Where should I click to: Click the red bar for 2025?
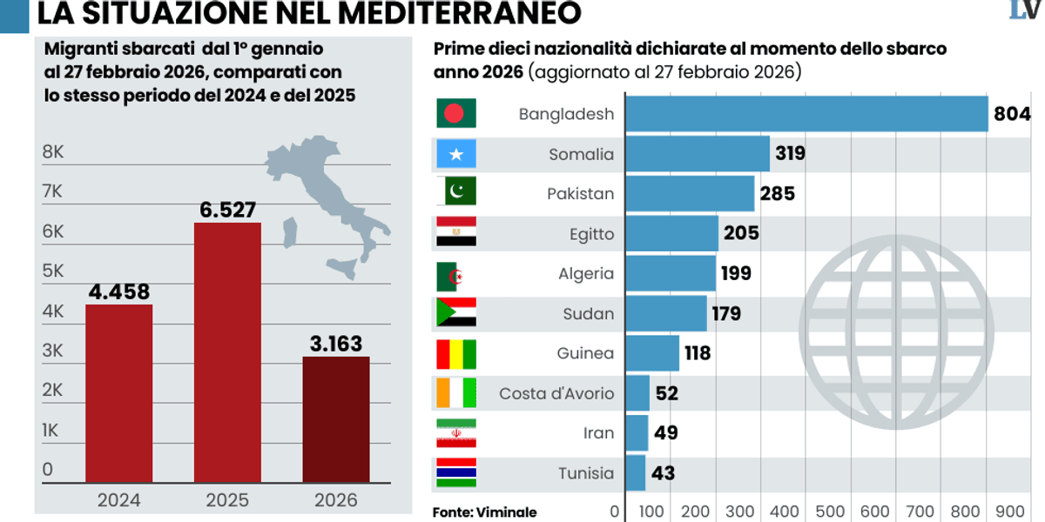click(x=227, y=352)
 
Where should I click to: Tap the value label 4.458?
click(x=119, y=291)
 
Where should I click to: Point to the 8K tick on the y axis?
click(x=53, y=152)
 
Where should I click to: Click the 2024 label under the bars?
click(x=118, y=500)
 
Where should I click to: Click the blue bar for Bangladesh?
click(x=806, y=114)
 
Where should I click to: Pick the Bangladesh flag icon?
click(x=455, y=113)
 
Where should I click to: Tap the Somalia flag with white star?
click(x=455, y=154)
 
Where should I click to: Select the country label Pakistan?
click(x=580, y=194)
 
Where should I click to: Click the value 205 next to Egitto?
click(x=741, y=233)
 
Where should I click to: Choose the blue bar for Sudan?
click(x=666, y=313)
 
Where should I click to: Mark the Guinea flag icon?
click(x=455, y=353)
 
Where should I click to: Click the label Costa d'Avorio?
click(x=556, y=393)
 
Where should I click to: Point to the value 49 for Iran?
click(x=666, y=433)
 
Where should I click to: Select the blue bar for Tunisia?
click(x=636, y=473)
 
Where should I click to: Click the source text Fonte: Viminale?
click(x=484, y=512)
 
